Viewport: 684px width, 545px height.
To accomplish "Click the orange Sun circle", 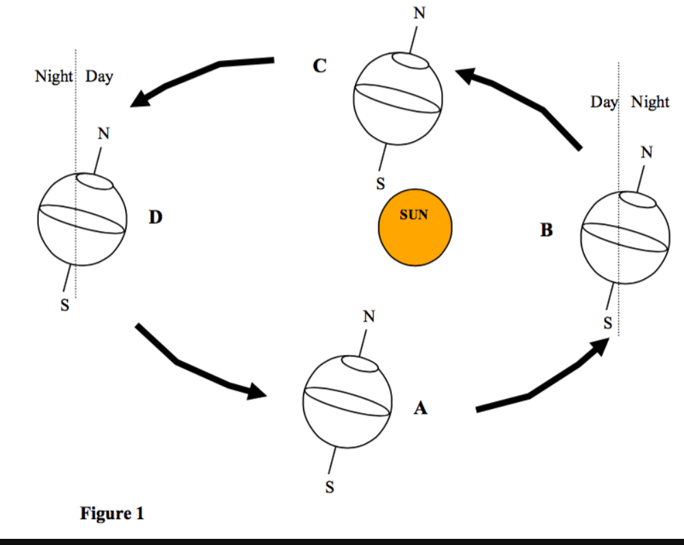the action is click(415, 227).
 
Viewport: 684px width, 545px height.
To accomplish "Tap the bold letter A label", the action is click(421, 408).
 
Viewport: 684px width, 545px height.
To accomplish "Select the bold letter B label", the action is click(547, 230).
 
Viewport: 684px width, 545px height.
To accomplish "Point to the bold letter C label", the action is click(319, 66).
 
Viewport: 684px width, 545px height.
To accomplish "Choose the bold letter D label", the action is click(156, 217).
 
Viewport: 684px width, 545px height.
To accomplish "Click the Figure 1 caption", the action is click(112, 513).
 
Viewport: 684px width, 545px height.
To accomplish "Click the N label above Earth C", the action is click(419, 13).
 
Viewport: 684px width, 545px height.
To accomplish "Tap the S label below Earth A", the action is click(330, 487).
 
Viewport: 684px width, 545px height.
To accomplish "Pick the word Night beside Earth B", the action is click(650, 103).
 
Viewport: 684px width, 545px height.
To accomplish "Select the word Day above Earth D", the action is click(99, 77).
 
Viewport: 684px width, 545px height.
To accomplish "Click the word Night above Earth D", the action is click(54, 77).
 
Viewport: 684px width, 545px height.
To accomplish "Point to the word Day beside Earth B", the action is click(604, 103).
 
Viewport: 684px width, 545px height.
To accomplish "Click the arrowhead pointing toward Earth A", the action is click(256, 390).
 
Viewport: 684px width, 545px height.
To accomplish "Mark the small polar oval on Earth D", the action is click(94, 181).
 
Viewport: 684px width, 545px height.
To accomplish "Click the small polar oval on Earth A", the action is click(360, 364).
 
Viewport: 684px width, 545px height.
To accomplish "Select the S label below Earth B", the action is click(607, 323).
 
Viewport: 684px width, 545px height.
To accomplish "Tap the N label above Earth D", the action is click(103, 133).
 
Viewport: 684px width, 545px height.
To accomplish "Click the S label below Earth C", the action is click(380, 183).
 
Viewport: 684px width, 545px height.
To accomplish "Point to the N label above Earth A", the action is click(369, 316).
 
